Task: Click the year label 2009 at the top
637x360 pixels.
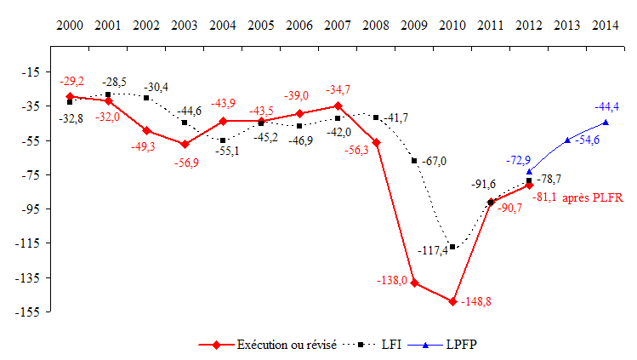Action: (414, 26)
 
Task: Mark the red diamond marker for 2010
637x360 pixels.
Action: (452, 301)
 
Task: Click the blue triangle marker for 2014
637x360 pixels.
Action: (606, 122)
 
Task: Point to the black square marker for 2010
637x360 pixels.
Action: (452, 247)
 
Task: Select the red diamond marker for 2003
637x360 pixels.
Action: (185, 144)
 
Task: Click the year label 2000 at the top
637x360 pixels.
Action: (70, 26)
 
